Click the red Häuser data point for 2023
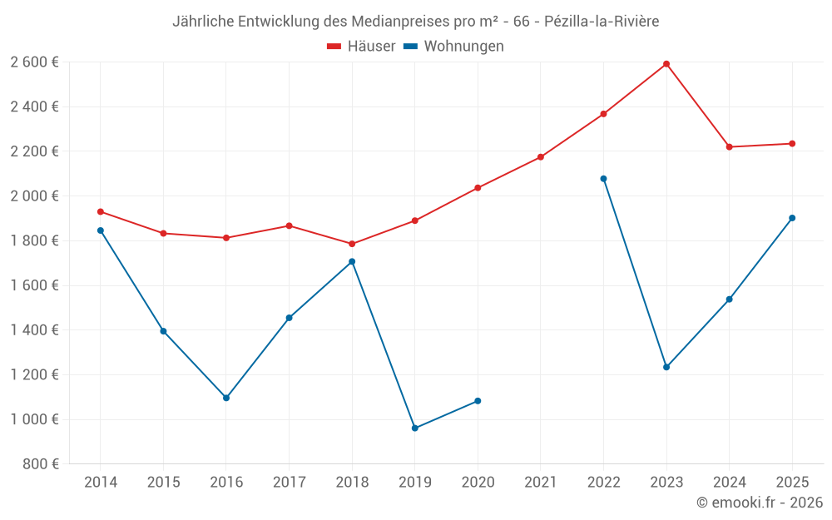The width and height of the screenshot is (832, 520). pos(666,64)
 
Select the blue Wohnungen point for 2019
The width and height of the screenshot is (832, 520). pos(414,428)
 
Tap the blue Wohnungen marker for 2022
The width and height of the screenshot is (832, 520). pos(603,179)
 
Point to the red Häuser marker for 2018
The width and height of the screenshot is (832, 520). pos(352,244)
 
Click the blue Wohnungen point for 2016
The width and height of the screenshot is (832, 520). pos(226,398)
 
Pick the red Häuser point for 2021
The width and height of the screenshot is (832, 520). pos(541,157)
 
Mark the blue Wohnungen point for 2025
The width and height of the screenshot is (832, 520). pos(792,218)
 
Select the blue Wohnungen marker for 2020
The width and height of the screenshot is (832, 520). pos(478,401)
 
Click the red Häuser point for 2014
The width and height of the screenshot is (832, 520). pos(101,211)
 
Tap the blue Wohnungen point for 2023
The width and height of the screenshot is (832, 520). pos(666,367)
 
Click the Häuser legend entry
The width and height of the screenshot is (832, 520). pos(361,47)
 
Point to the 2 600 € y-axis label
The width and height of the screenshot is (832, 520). pos(34,62)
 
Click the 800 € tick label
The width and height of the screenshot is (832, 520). pos(40,464)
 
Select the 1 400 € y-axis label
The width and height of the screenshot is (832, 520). pos(34,330)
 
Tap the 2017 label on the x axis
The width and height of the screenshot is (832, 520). pos(289,483)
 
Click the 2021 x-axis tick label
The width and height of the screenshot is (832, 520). pos(541,483)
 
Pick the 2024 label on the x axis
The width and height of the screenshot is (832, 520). pos(730,483)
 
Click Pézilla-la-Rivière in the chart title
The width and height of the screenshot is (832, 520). pos(602,22)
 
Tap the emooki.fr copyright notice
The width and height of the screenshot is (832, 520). pos(760,503)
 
